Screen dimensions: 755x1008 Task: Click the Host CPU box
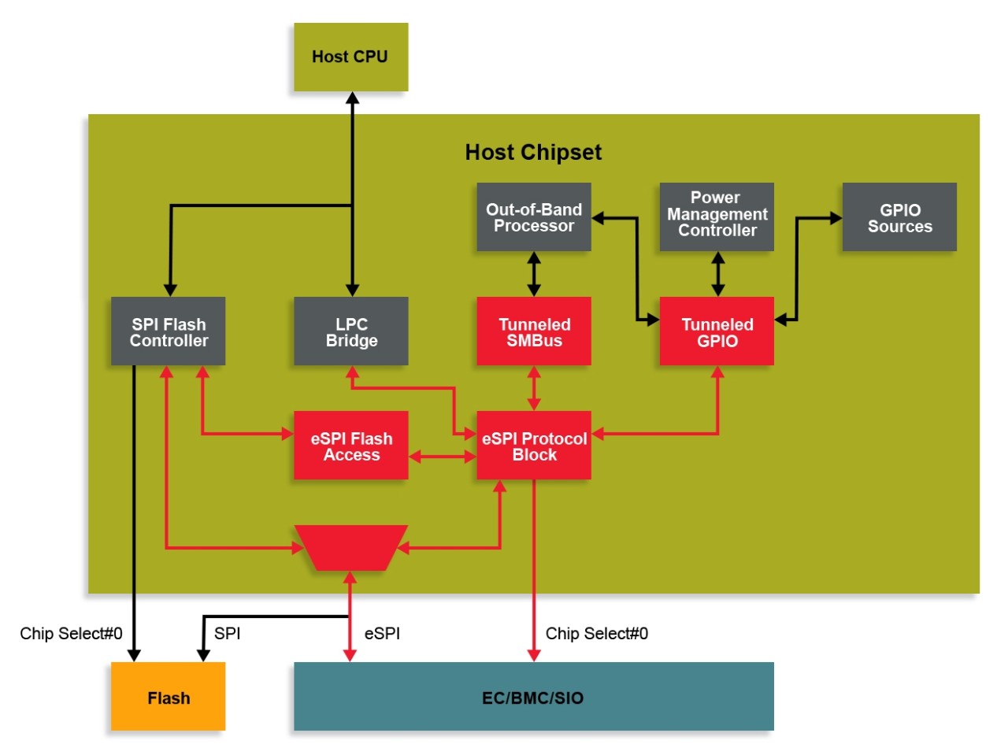350,57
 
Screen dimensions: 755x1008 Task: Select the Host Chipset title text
533,152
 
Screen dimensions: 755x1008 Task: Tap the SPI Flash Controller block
168,331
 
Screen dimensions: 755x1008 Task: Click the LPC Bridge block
350,331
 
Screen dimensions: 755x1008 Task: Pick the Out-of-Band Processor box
533,217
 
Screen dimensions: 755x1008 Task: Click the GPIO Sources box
899,217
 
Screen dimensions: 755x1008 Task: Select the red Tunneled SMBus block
533,331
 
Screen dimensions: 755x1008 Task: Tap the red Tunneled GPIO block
717,331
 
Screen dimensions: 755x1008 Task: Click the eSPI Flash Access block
350,446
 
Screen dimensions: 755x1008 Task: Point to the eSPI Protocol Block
533,446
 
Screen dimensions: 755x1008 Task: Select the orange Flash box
168,697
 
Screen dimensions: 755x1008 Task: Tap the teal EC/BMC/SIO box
533,697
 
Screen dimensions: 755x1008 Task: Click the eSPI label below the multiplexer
382,634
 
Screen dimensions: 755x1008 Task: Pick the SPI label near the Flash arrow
227,634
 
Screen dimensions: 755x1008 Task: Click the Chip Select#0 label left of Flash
71,634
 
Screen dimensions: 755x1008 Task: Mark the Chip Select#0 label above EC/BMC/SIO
596,634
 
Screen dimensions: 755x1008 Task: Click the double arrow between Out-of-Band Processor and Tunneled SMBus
534,274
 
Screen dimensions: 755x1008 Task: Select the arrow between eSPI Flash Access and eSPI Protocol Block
443,457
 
